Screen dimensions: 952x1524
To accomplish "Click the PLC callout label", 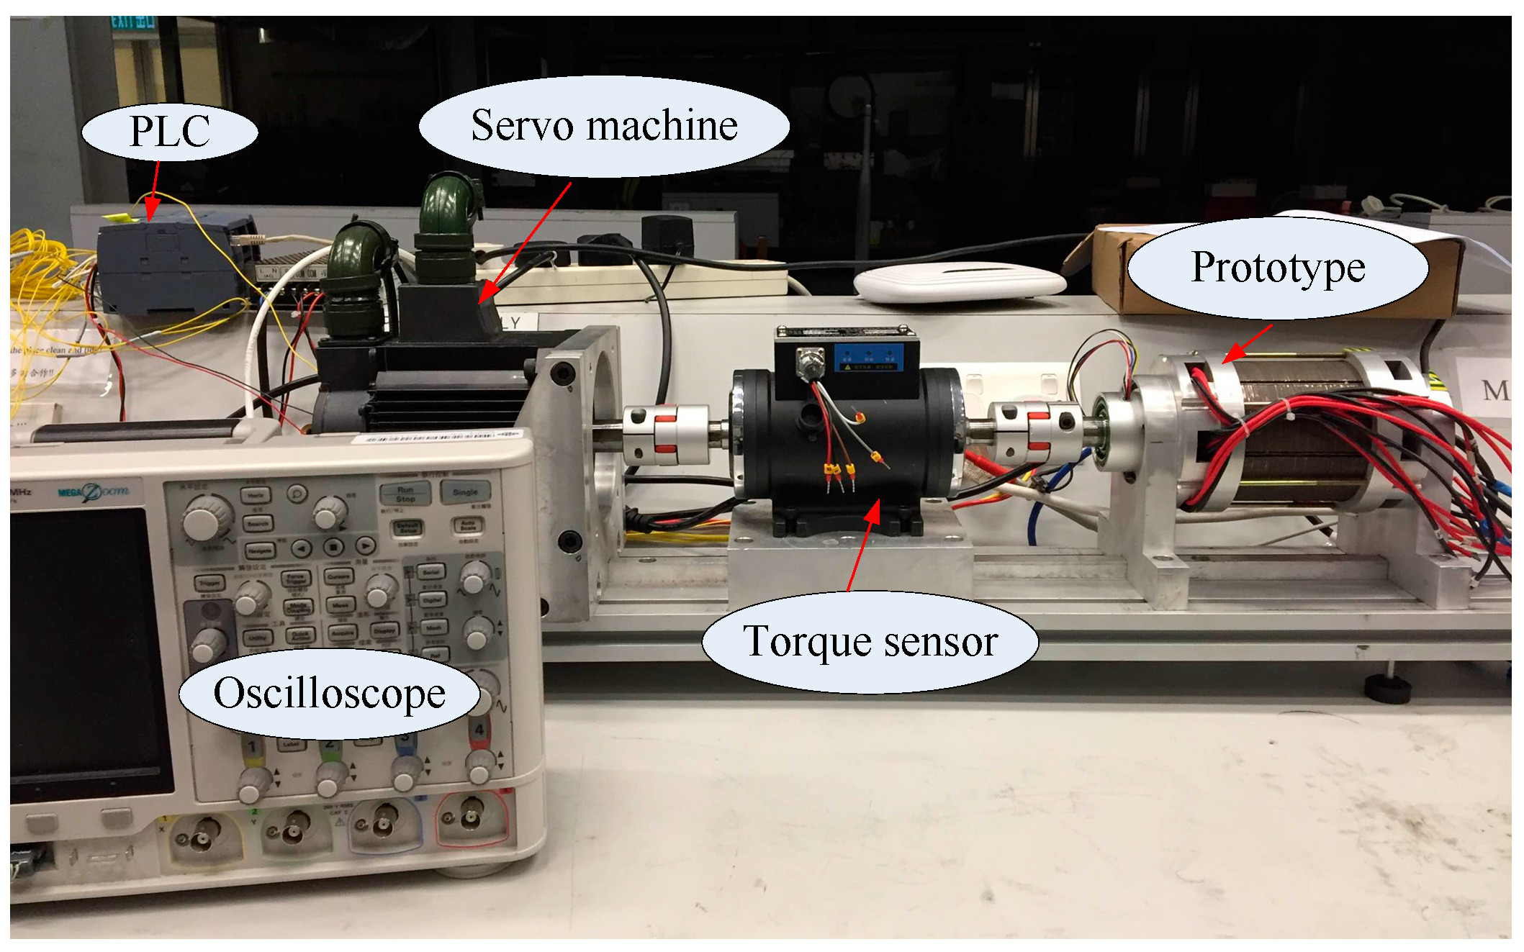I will pos(170,132).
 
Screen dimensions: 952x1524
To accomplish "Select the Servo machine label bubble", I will pos(603,126).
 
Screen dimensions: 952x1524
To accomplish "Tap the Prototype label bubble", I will pos(1277,268).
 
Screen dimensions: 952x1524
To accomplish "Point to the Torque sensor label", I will pos(870,641).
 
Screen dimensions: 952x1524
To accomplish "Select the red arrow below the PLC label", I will pos(153,191).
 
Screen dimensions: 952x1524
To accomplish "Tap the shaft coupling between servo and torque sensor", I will pos(660,435).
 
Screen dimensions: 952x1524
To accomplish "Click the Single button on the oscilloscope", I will pos(466,493).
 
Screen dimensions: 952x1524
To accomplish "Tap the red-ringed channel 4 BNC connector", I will pos(472,820).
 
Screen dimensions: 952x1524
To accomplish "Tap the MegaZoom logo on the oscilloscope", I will pos(94,493).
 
